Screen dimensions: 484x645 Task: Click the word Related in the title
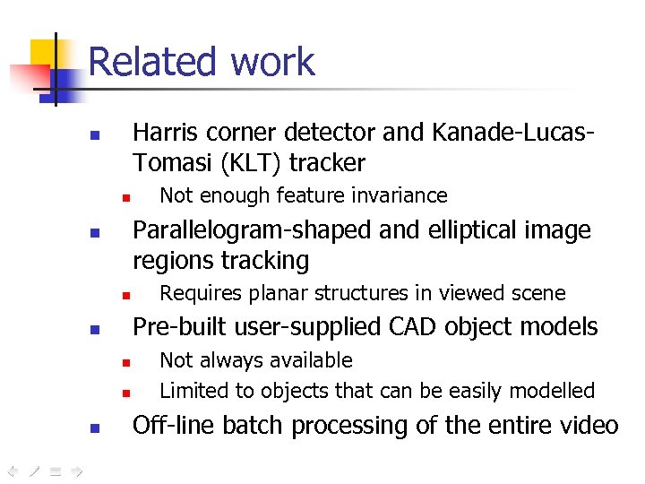pos(153,62)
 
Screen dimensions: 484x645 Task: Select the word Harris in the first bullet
pos(165,133)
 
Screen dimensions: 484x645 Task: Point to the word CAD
pos(432,327)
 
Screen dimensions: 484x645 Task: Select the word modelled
pos(554,391)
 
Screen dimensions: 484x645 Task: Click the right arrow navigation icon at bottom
pos(77,469)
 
